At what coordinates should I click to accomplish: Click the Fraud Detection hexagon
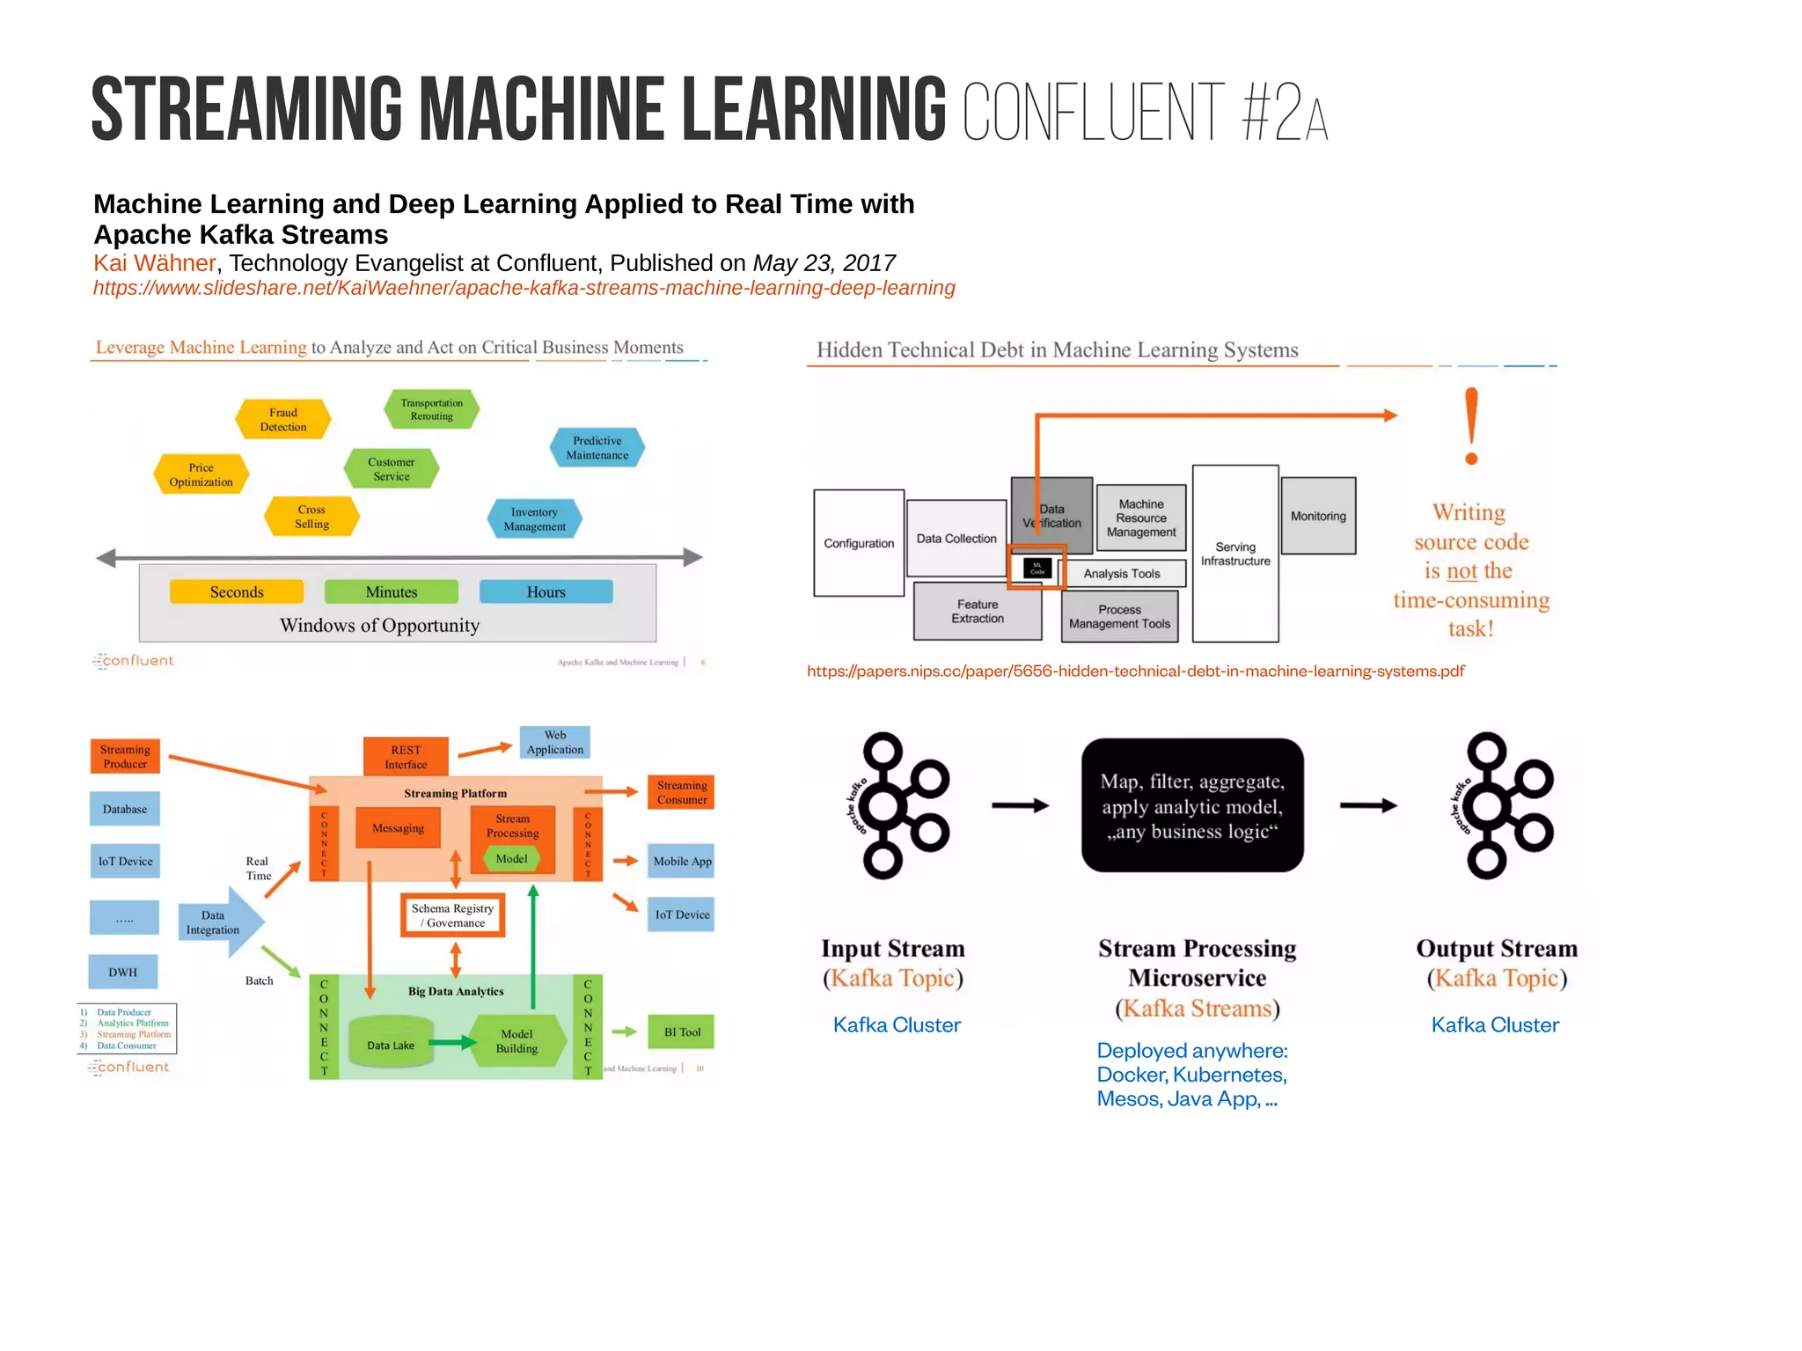tap(283, 419)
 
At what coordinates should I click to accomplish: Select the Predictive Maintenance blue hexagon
tap(597, 447)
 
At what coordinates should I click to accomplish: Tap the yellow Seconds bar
tap(237, 591)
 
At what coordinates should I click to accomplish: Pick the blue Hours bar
tap(546, 591)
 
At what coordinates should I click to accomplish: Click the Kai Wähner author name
tap(154, 263)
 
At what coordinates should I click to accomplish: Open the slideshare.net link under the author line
tap(524, 288)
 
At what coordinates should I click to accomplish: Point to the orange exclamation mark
tap(1471, 426)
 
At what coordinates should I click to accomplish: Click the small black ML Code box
tap(1037, 568)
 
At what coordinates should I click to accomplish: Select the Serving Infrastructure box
tap(1235, 554)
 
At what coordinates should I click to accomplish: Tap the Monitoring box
tap(1318, 516)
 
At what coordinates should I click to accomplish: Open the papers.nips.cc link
tap(1135, 671)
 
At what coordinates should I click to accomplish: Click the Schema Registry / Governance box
tap(453, 915)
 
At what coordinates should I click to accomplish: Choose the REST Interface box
tap(406, 757)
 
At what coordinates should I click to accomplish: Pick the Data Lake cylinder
tap(391, 1044)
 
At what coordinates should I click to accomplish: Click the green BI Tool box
tap(682, 1032)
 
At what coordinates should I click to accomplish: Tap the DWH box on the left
tap(123, 972)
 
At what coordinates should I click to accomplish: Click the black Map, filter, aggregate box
tap(1192, 805)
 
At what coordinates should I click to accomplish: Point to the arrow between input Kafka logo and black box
tap(1020, 805)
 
